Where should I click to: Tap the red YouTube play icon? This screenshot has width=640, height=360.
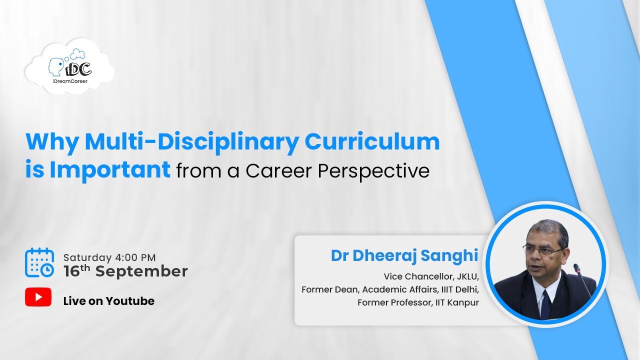pyautogui.click(x=38, y=297)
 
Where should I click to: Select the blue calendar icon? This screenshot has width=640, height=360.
pyautogui.click(x=39, y=262)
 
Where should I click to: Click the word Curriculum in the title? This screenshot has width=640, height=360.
pyautogui.click(x=372, y=142)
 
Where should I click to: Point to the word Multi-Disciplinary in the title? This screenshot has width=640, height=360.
pyautogui.click(x=192, y=142)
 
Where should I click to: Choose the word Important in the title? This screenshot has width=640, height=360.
pyautogui.click(x=110, y=170)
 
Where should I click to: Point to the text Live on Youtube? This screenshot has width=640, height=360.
pyautogui.click(x=108, y=301)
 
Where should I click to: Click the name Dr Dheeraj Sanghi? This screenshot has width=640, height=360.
pyautogui.click(x=404, y=255)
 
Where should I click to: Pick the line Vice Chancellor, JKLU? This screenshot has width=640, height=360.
pyautogui.click(x=431, y=276)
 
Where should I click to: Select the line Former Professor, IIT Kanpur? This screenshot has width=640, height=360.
pyautogui.click(x=418, y=302)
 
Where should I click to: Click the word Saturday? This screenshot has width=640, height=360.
pyautogui.click(x=87, y=258)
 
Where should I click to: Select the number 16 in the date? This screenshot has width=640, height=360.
pyautogui.click(x=73, y=271)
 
